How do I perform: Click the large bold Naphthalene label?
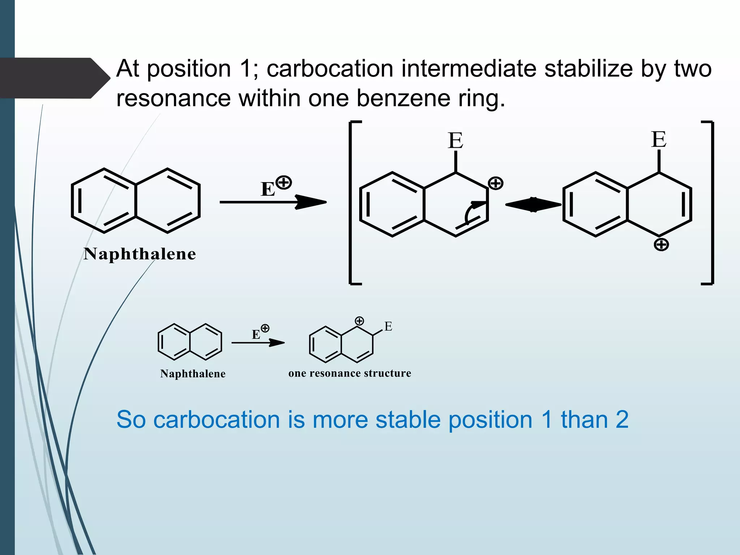(140, 254)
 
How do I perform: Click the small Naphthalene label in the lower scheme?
(193, 374)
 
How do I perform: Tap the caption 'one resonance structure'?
(350, 373)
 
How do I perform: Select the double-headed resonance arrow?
(533, 205)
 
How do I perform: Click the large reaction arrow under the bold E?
(273, 202)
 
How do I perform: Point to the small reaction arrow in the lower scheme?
(258, 343)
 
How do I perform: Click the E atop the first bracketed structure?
(455, 141)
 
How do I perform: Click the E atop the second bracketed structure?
(659, 139)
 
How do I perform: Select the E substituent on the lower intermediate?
(388, 327)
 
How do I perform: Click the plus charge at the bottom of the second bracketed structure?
(661, 245)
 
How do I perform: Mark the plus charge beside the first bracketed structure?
(495, 183)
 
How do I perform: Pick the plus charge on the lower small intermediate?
(359, 321)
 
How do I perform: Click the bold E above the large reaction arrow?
(268, 189)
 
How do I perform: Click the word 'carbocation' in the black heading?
(330, 68)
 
